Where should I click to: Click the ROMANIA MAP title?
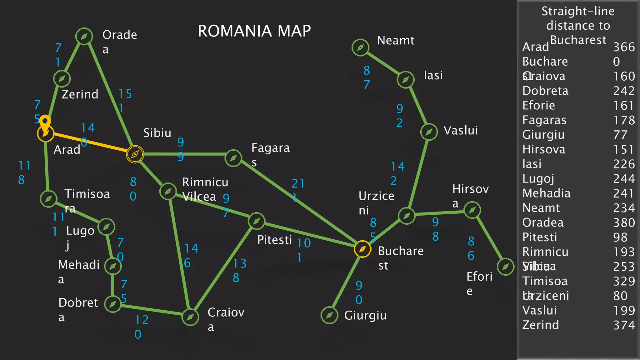point(254,31)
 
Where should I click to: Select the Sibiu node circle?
point(135,154)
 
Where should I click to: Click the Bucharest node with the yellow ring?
point(362,249)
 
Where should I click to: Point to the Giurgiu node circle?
point(329,315)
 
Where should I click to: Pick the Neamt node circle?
point(360,47)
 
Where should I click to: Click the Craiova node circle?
point(190,317)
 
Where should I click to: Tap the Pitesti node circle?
point(257,221)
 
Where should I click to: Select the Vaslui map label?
point(461,130)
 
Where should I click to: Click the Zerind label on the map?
point(80,94)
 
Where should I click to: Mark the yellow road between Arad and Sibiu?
point(91,144)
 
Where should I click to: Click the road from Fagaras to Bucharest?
point(297,202)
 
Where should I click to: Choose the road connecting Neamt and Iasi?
point(383,63)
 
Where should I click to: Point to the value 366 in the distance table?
point(624,47)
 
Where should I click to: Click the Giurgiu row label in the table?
point(543,135)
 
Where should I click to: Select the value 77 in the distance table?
point(620,135)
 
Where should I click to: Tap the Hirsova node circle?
point(472,210)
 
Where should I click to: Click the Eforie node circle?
point(505,267)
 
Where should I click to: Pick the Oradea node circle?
point(84,37)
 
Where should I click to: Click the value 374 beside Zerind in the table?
point(624,325)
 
